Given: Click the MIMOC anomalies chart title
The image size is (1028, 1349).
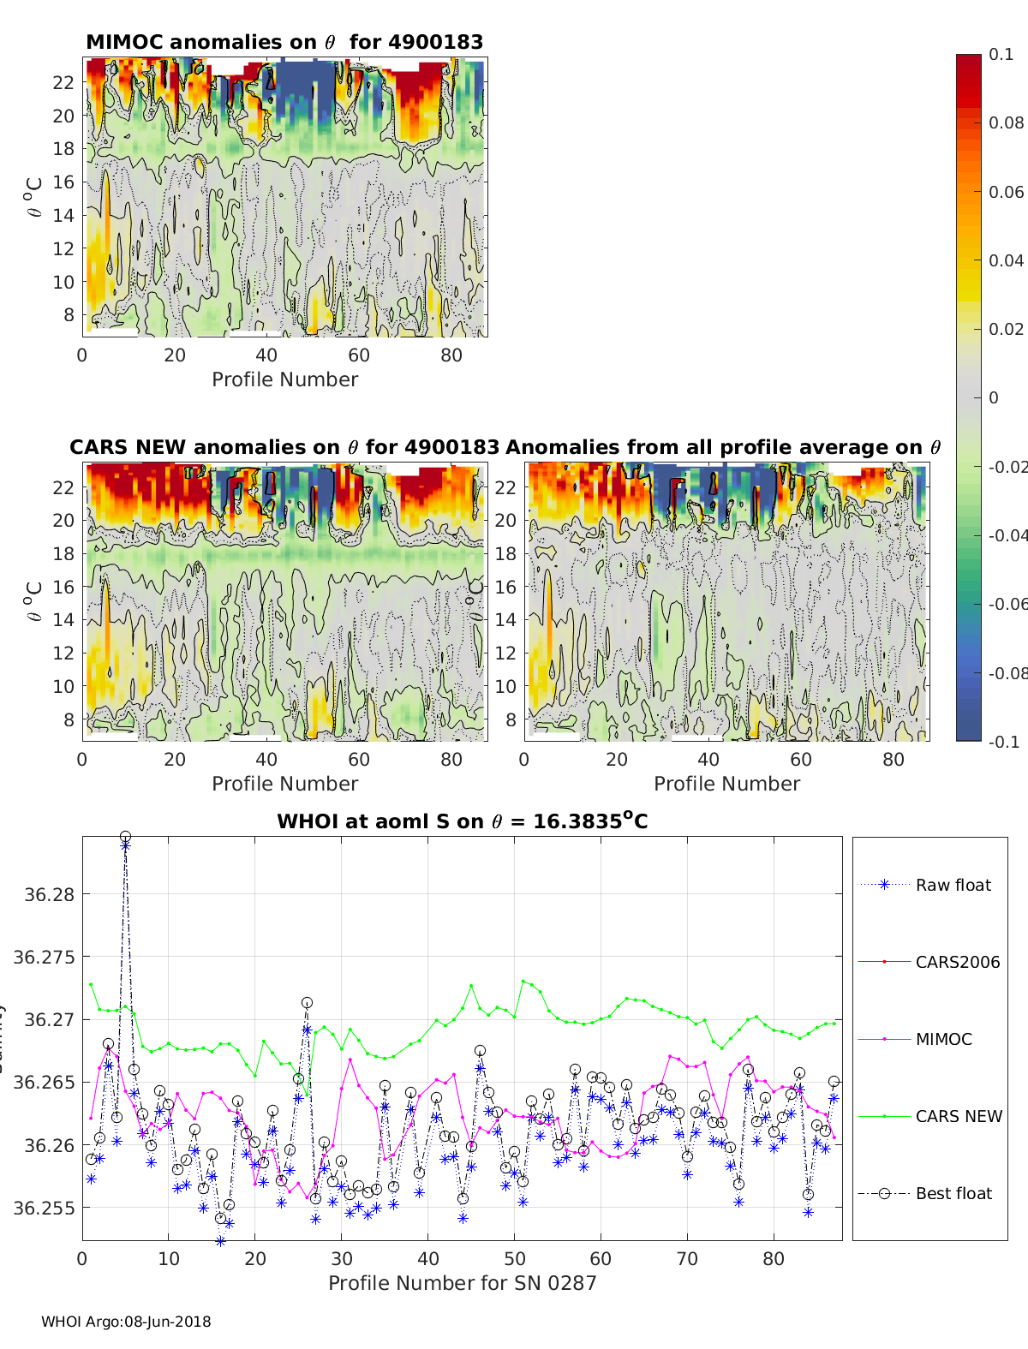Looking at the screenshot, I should point(284,42).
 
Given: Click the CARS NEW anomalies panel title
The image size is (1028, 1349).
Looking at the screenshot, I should point(284,447).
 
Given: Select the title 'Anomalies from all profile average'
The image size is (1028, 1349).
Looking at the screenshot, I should point(723,447).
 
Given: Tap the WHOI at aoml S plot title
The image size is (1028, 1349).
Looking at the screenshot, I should point(462,821).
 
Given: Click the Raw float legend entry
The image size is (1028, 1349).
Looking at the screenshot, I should point(953,885).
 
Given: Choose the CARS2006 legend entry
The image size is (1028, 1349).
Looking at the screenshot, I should point(957,962).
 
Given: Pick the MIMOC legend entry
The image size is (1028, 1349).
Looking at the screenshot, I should point(943,1039).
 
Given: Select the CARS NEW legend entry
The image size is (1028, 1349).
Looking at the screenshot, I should point(958,1116).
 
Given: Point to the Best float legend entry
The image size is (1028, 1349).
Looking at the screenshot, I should point(953,1193).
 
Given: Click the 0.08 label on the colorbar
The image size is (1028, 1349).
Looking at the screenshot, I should point(1006,122).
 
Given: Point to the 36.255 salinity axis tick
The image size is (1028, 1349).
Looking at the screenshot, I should point(47,1208).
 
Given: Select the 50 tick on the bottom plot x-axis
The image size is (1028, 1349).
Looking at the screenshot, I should point(514,1258).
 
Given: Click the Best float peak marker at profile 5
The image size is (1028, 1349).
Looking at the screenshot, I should point(125,836).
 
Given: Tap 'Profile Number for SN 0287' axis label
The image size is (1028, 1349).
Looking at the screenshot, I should point(462,1282).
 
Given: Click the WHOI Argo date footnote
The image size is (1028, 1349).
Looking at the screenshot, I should point(126,1322).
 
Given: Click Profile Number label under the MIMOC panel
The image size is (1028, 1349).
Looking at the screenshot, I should point(284,379).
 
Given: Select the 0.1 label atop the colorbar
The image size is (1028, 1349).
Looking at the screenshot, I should point(1001,54).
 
